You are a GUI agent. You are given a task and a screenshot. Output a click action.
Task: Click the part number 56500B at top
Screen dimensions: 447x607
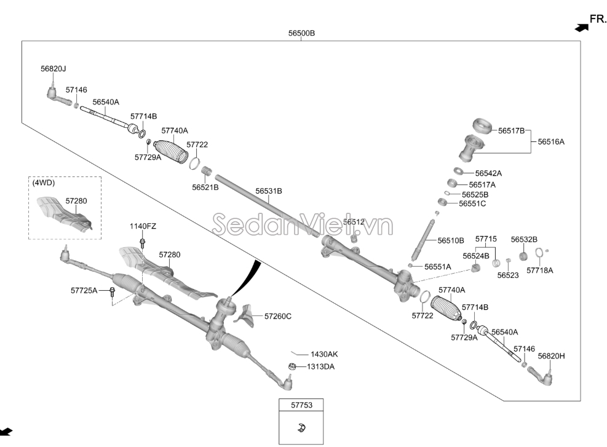pos(301,33)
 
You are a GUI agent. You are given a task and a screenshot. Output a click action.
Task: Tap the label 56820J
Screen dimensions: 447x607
pos(54,69)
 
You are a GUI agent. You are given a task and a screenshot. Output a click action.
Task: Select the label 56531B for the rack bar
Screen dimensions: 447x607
pos(269,191)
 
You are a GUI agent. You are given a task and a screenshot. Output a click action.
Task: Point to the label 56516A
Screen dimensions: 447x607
pos(550,141)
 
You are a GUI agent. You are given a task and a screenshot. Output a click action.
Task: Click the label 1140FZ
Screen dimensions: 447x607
pos(143,226)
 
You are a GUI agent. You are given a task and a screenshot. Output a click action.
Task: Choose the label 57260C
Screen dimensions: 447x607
pos(277,316)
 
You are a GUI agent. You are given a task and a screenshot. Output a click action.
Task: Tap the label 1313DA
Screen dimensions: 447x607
pos(321,366)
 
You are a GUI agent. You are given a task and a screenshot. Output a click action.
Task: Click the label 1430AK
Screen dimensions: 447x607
pos(324,354)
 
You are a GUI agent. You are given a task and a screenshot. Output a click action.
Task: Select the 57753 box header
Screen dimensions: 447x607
pos(301,406)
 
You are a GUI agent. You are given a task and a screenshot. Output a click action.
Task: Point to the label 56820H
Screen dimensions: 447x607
pos(551,355)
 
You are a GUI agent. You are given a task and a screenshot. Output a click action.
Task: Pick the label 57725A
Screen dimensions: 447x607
pos(84,290)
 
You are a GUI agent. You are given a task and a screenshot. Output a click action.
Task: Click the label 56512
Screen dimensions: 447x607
pos(354,222)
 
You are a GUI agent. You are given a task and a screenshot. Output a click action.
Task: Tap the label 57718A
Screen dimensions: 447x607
pos(539,270)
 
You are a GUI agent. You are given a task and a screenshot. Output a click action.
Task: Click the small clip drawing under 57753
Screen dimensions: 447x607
pos(301,428)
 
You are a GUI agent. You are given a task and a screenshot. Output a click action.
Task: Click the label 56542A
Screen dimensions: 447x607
pos(489,173)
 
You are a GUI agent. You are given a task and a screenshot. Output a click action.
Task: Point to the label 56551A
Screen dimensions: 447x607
pos(437,266)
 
